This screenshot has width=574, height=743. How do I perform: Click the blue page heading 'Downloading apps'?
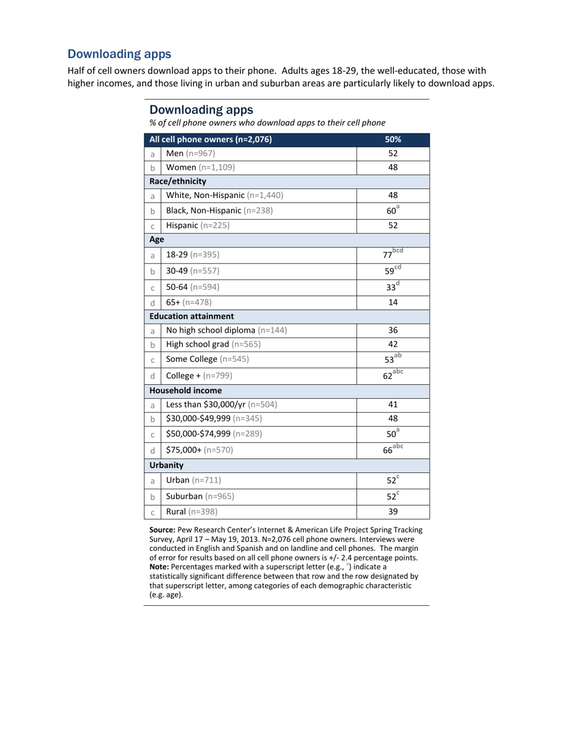click(x=119, y=54)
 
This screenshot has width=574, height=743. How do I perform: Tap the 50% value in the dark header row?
click(x=393, y=140)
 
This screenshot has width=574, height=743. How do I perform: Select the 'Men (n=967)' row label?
click(x=190, y=153)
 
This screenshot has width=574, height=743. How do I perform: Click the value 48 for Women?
click(x=393, y=167)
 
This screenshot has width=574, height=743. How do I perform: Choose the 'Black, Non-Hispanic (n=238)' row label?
click(x=219, y=211)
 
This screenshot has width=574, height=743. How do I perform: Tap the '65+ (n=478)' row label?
click(x=189, y=302)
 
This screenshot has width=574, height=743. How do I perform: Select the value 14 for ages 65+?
click(x=393, y=302)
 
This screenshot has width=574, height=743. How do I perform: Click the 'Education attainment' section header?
click(x=192, y=316)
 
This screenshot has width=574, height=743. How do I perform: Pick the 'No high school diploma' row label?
click(x=227, y=330)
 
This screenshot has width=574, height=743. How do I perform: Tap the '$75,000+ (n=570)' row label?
click(x=199, y=449)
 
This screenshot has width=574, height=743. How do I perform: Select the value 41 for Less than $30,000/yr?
click(x=393, y=404)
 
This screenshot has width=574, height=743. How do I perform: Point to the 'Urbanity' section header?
click(x=166, y=465)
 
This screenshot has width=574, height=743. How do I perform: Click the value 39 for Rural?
click(x=393, y=512)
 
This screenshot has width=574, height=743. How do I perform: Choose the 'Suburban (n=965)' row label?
click(x=200, y=496)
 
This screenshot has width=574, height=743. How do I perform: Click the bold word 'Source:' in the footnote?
click(x=162, y=530)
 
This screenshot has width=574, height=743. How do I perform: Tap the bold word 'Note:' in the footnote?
click(x=160, y=567)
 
